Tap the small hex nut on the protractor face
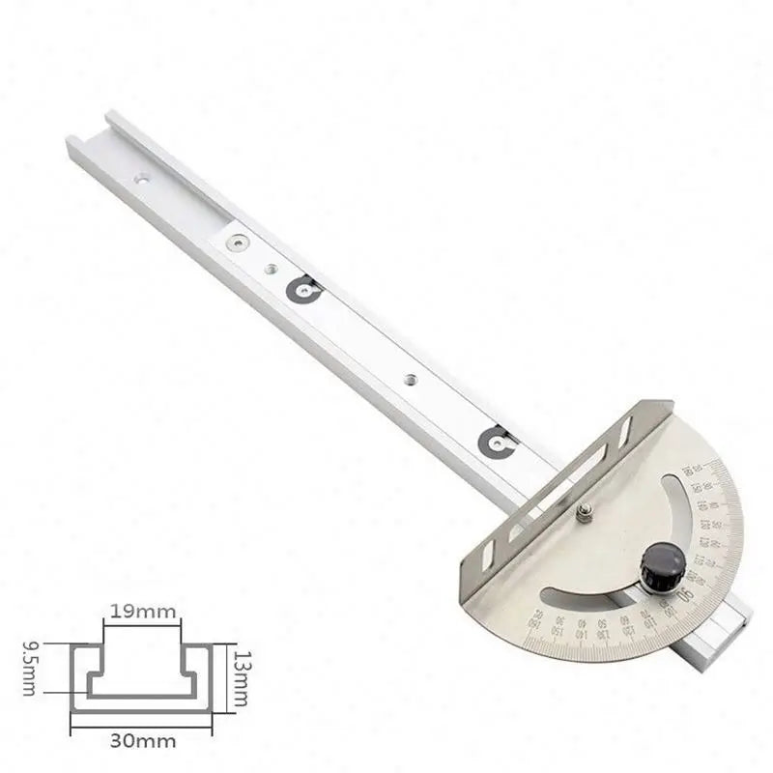point(584,513)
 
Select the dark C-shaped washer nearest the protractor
point(497,442)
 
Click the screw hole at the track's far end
point(143,178)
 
